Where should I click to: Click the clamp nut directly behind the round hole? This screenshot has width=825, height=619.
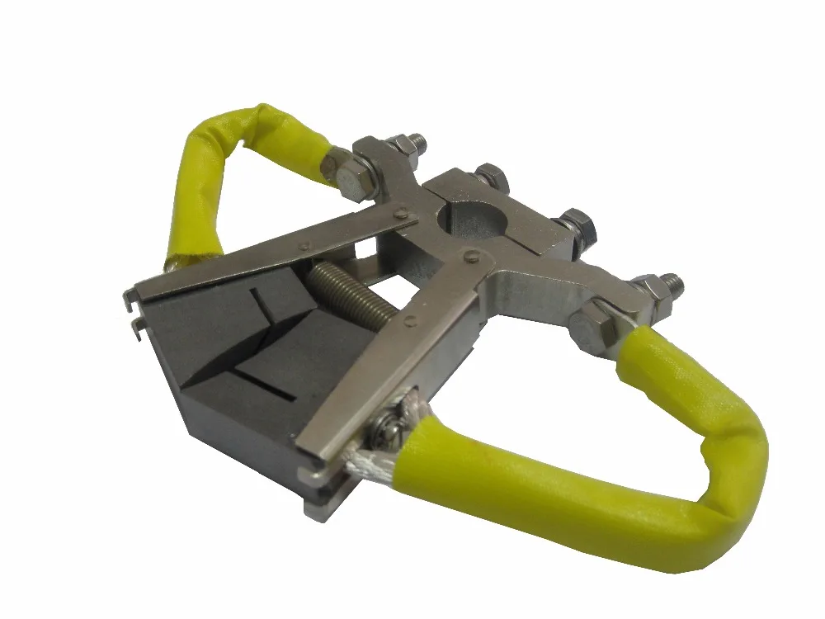click(492, 176)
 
